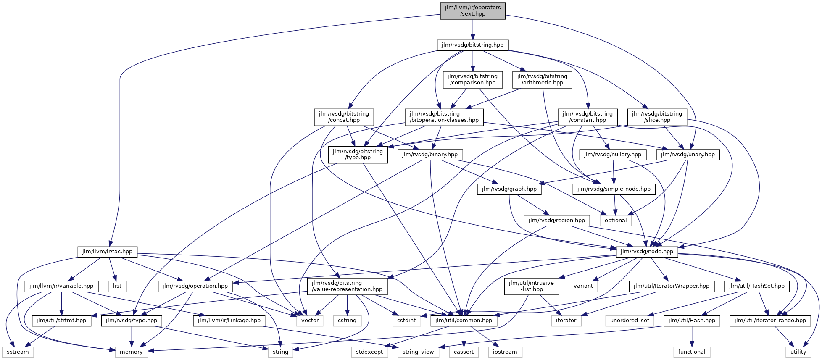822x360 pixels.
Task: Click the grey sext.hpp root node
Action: point(472,11)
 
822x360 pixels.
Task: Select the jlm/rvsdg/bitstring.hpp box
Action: point(472,45)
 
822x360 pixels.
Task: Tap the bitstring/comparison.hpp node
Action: point(472,79)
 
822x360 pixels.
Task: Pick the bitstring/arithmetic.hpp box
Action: point(542,79)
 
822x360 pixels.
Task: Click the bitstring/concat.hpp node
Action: point(344,117)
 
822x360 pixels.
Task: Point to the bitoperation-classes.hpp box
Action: point(444,117)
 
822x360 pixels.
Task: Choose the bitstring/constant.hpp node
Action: point(588,117)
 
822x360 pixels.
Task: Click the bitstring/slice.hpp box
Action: point(657,117)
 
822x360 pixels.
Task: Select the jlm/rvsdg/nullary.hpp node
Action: point(613,155)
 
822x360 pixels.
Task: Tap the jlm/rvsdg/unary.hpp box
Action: point(688,155)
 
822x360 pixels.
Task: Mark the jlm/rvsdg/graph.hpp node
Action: point(509,189)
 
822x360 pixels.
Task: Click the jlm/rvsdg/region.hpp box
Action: point(556,220)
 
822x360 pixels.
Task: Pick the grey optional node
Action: point(616,220)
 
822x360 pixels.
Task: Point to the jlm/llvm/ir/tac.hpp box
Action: point(107,252)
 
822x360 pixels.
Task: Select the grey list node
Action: point(117,286)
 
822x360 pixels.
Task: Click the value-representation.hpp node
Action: point(347,286)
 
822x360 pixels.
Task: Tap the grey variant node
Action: point(583,286)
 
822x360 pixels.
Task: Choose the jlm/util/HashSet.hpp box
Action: point(757,286)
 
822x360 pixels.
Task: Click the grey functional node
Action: point(692,352)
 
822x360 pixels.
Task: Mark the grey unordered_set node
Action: point(630,321)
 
